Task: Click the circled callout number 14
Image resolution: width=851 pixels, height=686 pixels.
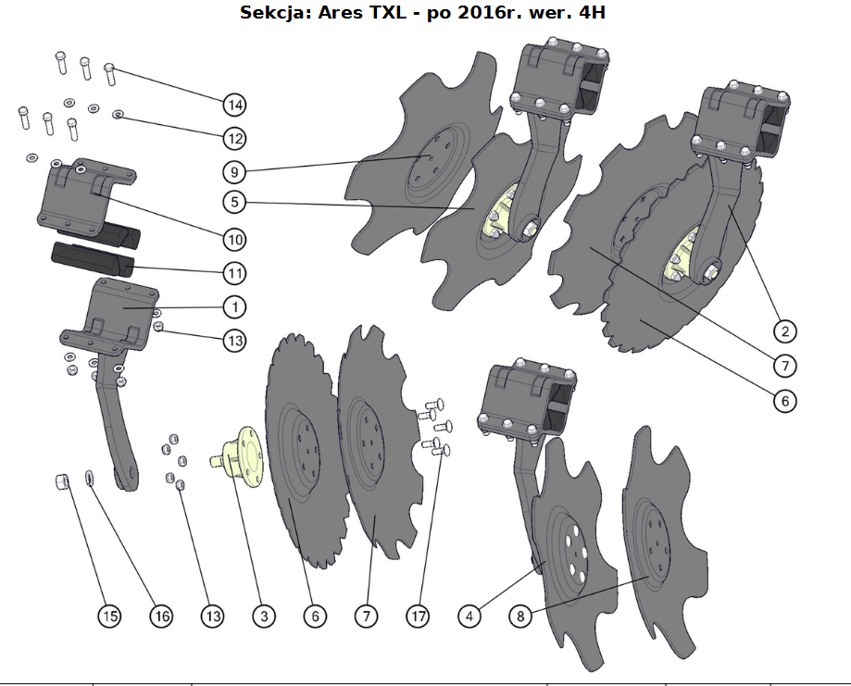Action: pos(234,105)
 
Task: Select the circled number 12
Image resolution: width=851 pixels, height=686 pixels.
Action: pos(234,138)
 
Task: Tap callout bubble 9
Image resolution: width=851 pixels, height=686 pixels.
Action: pos(234,172)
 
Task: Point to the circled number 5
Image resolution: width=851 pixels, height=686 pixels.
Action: pos(234,202)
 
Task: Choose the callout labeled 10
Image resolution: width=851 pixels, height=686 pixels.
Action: pos(234,240)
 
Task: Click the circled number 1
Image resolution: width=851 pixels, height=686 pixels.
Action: pos(234,307)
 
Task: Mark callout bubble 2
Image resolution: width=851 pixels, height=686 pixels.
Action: pos(784,331)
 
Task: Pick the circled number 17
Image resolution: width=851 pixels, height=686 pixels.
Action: pos(418,616)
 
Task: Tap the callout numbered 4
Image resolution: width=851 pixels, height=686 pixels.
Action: pos(469,616)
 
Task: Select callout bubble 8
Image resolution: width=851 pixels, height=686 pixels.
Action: pos(520,616)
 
